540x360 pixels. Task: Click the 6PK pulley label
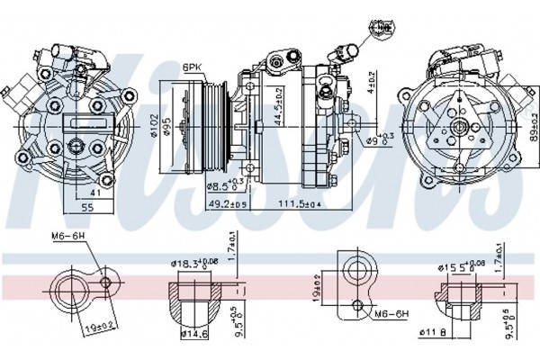coord(192,67)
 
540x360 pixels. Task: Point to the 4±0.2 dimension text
coord(371,85)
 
